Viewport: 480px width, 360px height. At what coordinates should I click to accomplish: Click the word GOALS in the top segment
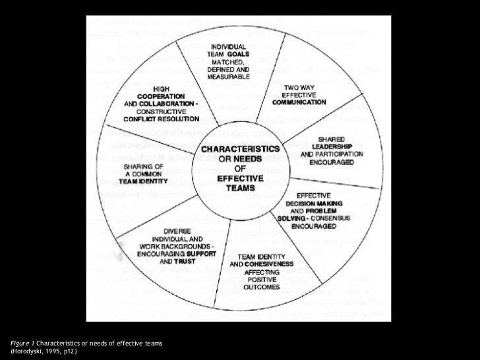[239, 53]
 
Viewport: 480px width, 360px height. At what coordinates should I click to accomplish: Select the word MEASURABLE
[229, 77]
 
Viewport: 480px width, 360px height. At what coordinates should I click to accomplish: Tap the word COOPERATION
[161, 97]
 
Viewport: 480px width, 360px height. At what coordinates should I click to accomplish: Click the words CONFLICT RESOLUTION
[161, 120]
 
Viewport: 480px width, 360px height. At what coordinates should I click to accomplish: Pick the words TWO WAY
[300, 86]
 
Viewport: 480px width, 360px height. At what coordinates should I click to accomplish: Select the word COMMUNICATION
[300, 102]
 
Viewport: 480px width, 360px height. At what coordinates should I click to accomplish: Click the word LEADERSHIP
[332, 146]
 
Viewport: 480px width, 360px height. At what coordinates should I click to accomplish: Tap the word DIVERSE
[178, 231]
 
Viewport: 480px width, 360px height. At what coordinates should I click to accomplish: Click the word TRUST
[191, 259]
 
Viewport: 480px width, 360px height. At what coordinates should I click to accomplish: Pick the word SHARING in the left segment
[138, 166]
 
